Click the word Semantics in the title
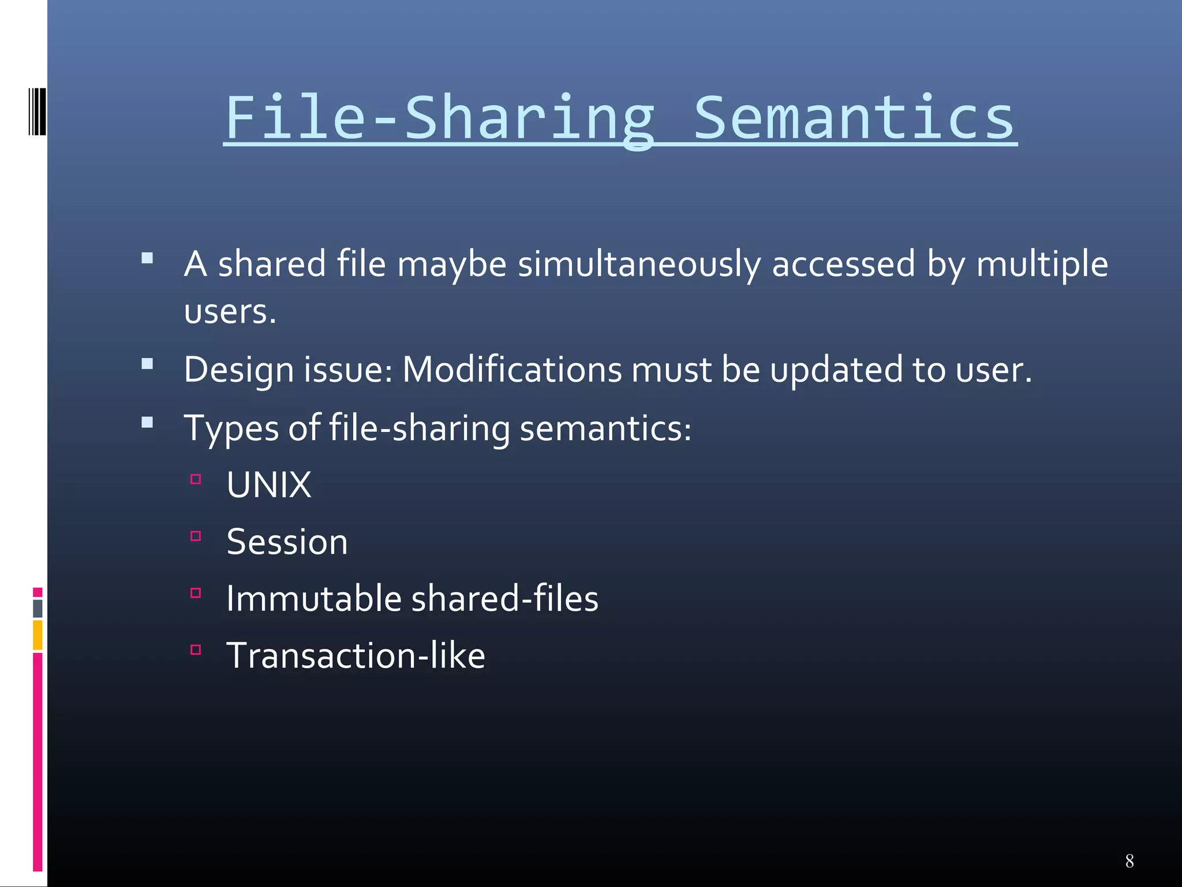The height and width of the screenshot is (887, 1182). coord(854,118)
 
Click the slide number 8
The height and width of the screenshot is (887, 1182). coord(1129,861)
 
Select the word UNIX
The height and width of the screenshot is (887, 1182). coord(269,485)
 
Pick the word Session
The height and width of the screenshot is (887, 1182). coord(287,542)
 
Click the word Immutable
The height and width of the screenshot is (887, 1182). coord(313,598)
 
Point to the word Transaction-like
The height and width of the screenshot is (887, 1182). coord(356,655)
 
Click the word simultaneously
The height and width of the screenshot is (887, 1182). coord(639,264)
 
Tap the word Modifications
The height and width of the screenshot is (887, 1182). coord(512,369)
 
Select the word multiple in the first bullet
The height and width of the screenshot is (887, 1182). coord(1042,264)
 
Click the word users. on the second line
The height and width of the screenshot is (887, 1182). coord(230,312)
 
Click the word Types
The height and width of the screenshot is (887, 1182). coord(231,428)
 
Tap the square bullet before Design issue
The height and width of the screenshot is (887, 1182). coord(147,364)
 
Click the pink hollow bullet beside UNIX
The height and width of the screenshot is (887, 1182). coord(196,479)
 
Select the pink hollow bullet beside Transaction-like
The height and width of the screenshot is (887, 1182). coord(196,650)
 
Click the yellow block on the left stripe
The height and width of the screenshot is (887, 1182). coord(38,635)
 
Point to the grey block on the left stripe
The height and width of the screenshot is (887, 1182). coord(38,608)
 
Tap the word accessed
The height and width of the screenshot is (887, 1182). coord(843,264)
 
